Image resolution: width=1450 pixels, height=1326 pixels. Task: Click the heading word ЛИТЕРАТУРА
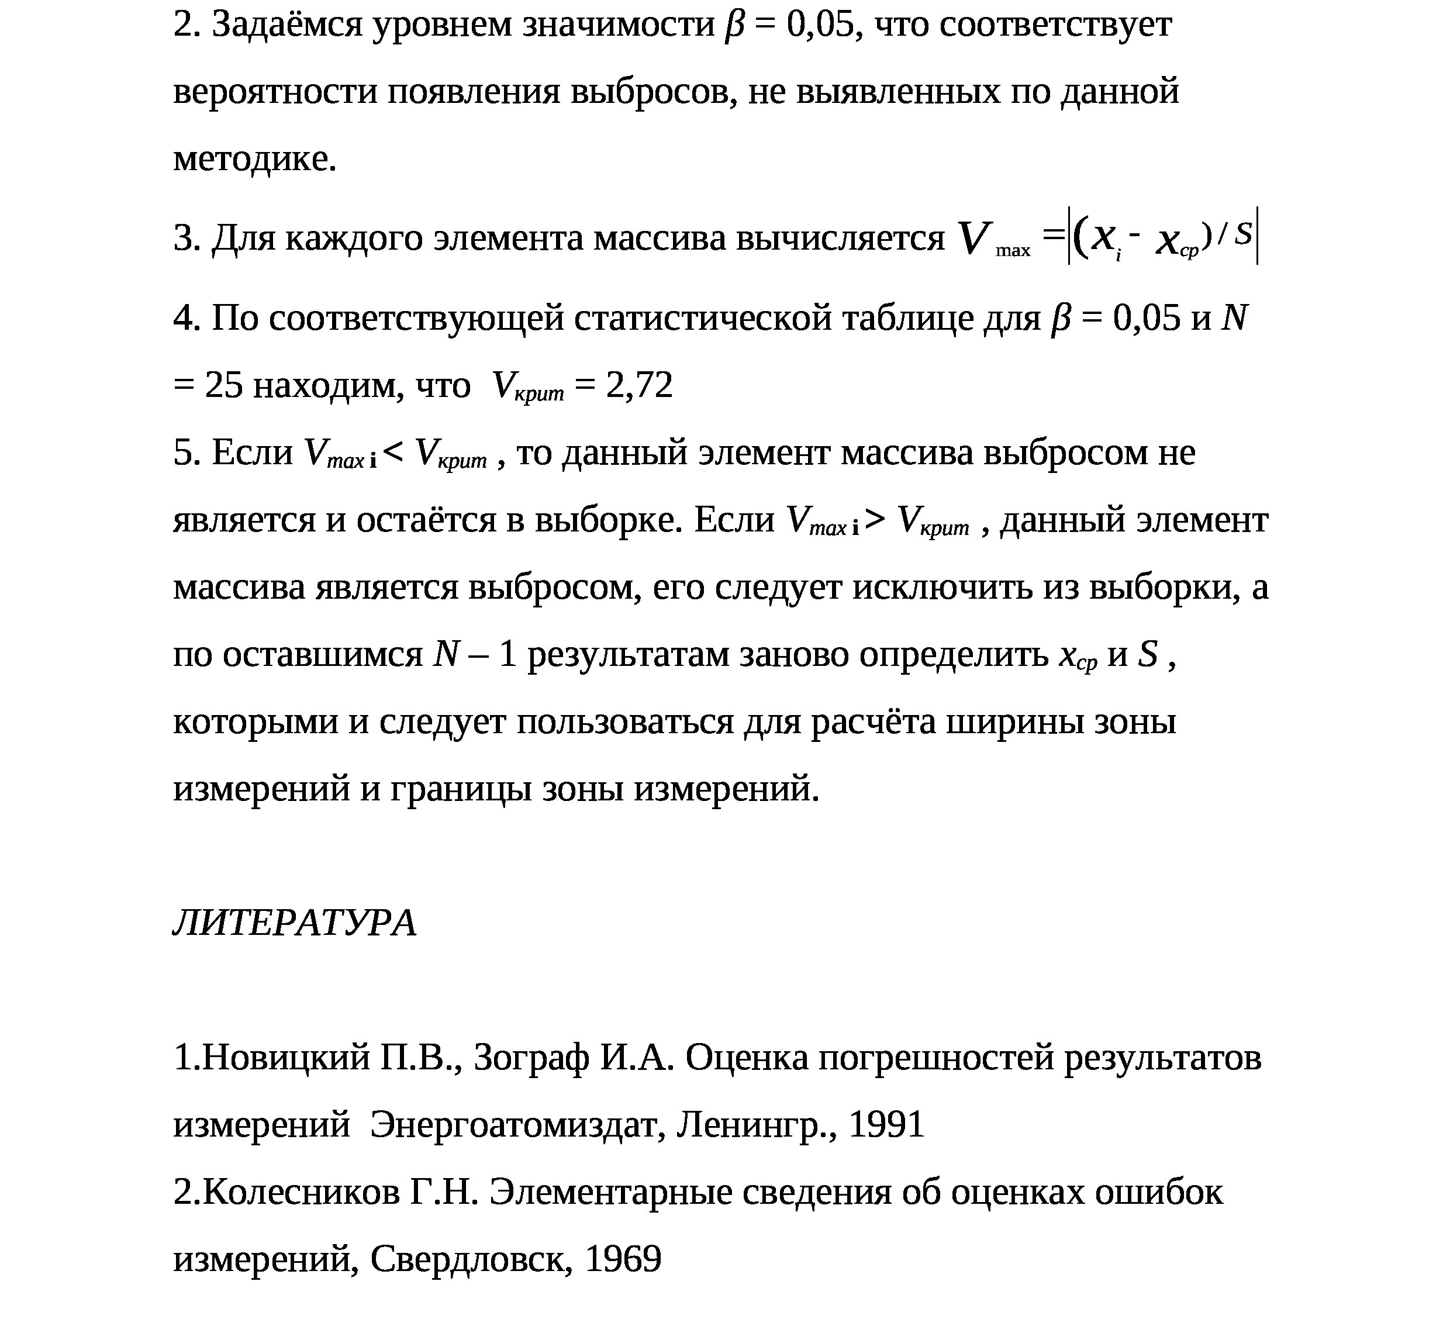(x=294, y=923)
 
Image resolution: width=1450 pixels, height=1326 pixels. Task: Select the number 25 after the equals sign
(x=225, y=385)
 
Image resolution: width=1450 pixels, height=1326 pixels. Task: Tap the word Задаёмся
(x=287, y=25)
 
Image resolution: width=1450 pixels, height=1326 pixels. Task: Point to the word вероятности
(x=275, y=92)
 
